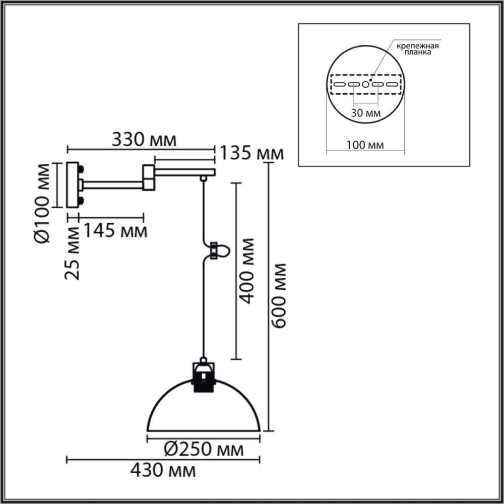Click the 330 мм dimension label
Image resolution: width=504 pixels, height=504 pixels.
click(x=144, y=139)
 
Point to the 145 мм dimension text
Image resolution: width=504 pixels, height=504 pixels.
click(x=115, y=231)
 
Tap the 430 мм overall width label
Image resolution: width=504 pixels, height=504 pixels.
click(x=163, y=471)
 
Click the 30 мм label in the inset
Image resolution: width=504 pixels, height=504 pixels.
click(x=365, y=113)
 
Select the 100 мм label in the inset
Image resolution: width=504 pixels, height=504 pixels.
click(x=365, y=145)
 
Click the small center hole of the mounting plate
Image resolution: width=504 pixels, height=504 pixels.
click(x=366, y=84)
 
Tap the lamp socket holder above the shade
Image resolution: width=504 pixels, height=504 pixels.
click(x=203, y=378)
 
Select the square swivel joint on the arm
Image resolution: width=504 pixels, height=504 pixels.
click(x=149, y=177)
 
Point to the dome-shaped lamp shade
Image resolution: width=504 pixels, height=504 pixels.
click(x=203, y=411)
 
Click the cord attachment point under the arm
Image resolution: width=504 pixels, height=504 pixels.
click(x=203, y=178)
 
